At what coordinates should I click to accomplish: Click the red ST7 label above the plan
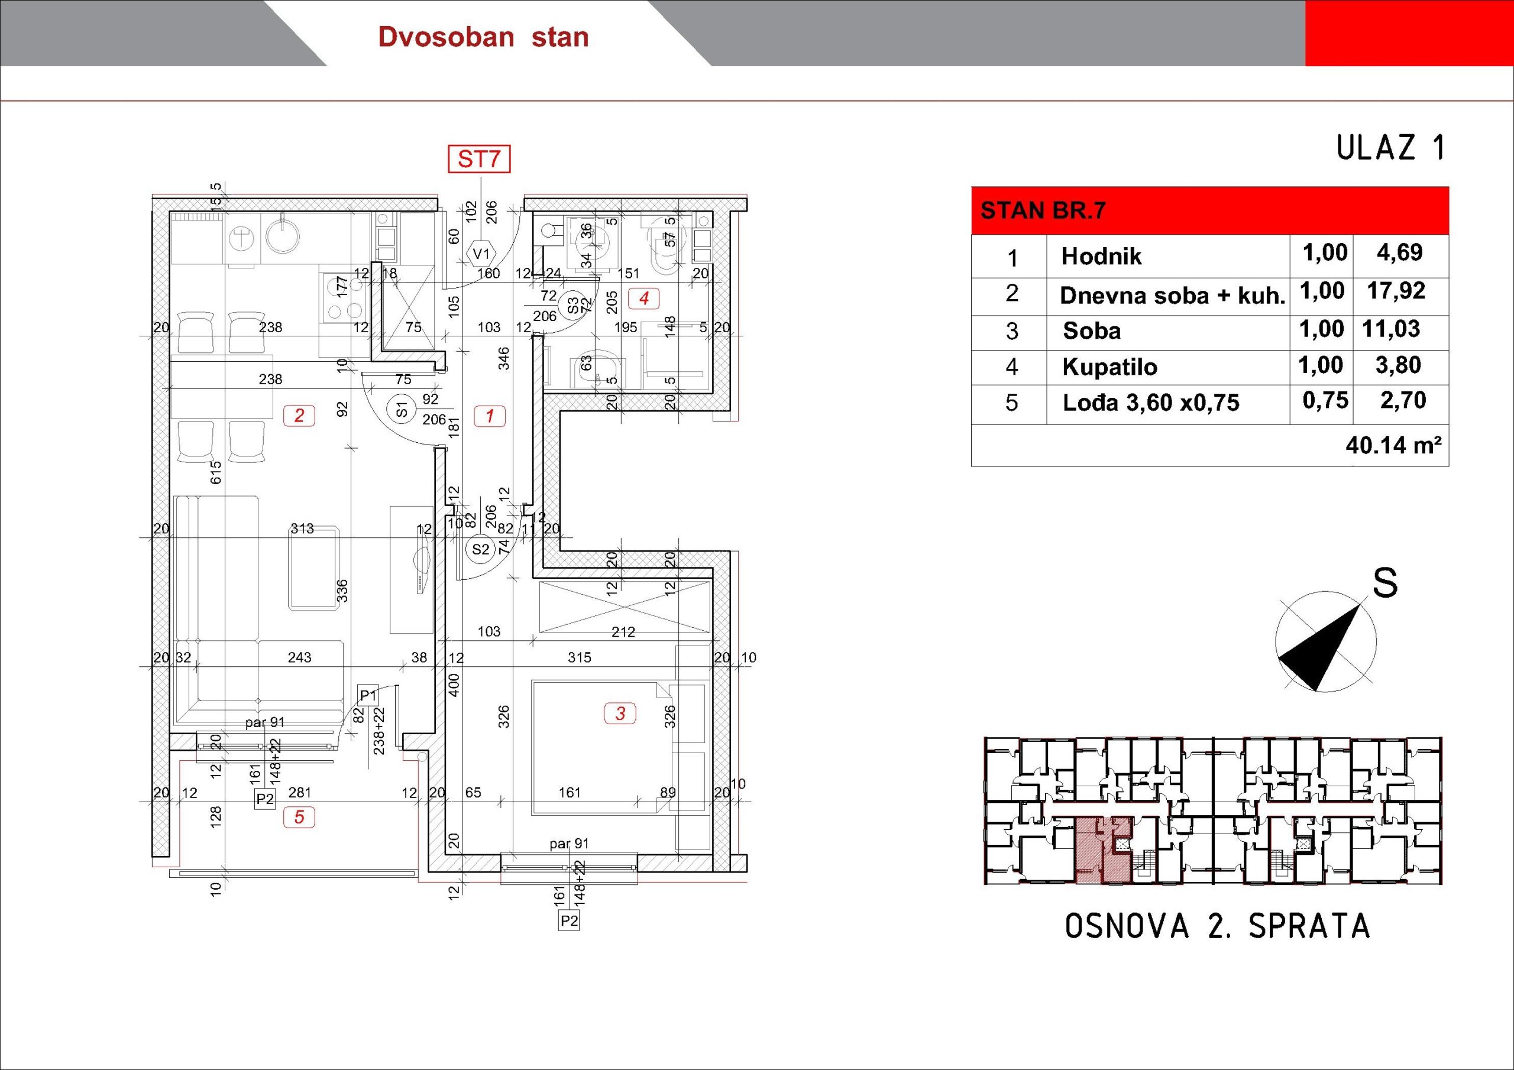pyautogui.click(x=480, y=160)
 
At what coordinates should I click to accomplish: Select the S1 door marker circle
pyautogui.click(x=402, y=410)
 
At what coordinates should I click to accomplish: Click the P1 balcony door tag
pyautogui.click(x=367, y=695)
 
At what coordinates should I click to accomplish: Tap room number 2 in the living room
pyautogui.click(x=299, y=416)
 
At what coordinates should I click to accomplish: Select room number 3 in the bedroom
pyautogui.click(x=620, y=714)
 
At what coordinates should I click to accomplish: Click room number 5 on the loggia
pyautogui.click(x=299, y=818)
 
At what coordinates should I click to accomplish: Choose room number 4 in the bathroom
pyautogui.click(x=643, y=299)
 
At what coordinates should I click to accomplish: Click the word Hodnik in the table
pyautogui.click(x=1101, y=257)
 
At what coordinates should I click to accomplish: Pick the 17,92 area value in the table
pyautogui.click(x=1396, y=291)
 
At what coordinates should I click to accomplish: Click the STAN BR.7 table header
pyautogui.click(x=1043, y=211)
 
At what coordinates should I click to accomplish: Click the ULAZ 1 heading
pyautogui.click(x=1390, y=148)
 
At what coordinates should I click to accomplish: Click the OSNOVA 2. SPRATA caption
pyautogui.click(x=1218, y=926)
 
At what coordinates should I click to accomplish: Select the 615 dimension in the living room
pyautogui.click(x=216, y=473)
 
